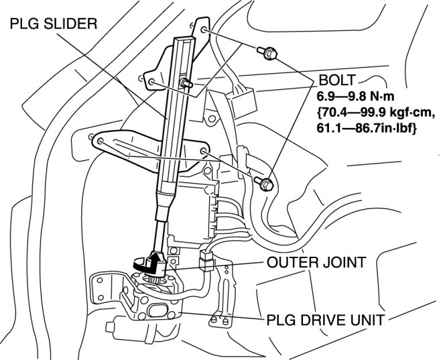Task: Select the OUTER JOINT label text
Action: pos(315,261)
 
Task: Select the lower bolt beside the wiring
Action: pos(265,182)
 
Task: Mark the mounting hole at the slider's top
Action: pos(204,30)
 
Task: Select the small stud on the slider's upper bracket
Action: pos(186,84)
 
